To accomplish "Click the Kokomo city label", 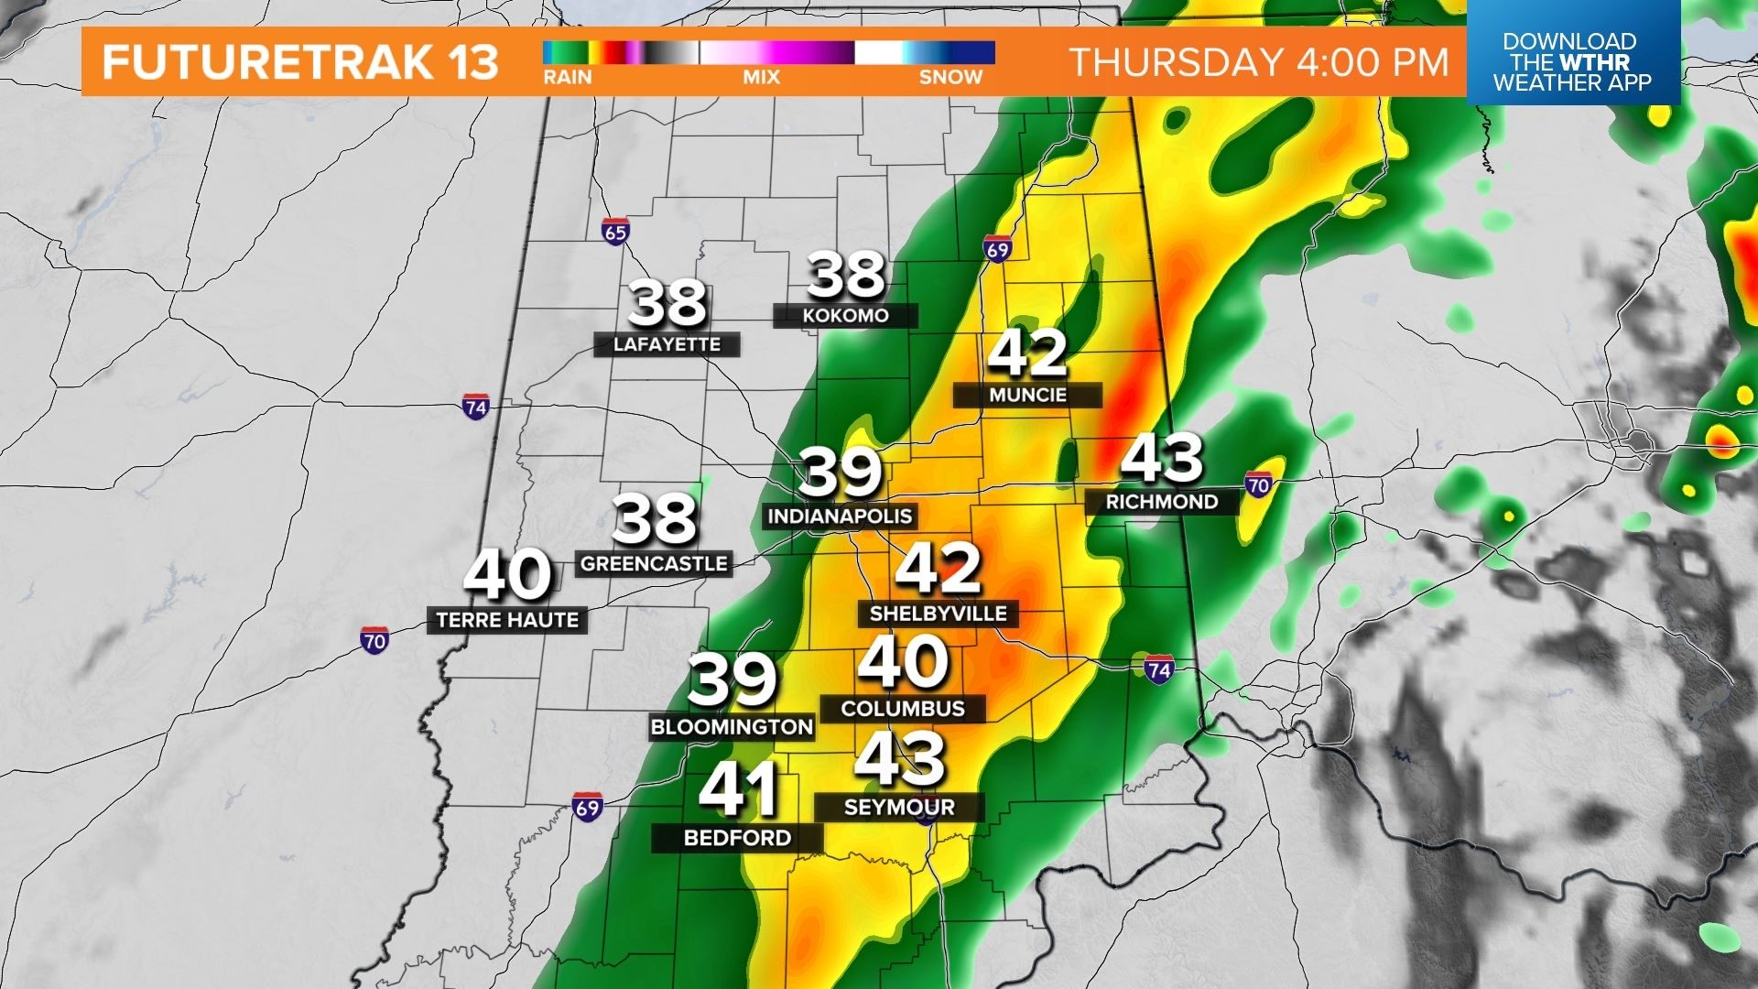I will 845,316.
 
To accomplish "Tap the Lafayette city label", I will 667,344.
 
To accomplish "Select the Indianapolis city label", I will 840,516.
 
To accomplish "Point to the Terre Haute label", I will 507,620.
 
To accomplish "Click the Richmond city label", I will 1161,502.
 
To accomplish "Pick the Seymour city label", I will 899,808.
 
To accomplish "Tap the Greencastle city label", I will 654,564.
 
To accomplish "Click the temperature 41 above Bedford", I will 738,789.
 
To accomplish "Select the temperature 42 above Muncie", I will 1027,353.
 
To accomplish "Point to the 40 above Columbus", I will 903,662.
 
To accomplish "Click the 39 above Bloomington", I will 732,679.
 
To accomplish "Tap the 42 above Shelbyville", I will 938,568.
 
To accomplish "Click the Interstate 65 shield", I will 615,231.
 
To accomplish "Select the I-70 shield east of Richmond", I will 1258,484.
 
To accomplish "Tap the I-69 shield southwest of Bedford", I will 587,807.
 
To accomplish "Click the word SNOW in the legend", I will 950,78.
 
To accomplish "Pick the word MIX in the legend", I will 761,78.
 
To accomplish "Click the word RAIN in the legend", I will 567,78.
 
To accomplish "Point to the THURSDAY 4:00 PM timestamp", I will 1259,62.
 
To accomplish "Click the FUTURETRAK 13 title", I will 299,62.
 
